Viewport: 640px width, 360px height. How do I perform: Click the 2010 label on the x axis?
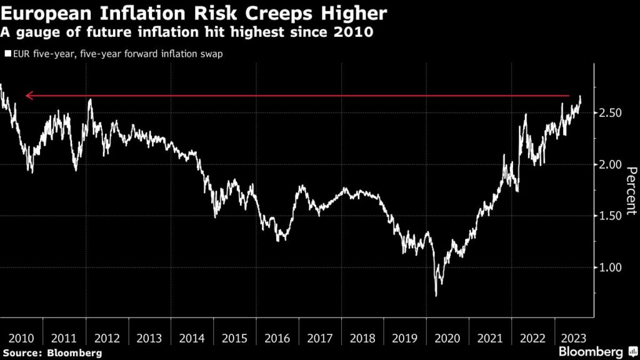tap(21, 338)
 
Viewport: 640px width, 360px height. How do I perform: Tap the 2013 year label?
tap(150, 338)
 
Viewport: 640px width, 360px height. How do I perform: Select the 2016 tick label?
tap(277, 338)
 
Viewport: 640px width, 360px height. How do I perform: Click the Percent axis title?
tap(630, 191)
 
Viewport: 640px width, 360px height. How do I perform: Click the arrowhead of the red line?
tap(27, 96)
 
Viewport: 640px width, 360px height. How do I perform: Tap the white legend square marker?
tap(7, 54)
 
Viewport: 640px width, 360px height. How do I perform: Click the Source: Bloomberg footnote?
tap(52, 353)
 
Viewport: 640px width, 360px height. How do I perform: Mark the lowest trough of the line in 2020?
tap(436, 295)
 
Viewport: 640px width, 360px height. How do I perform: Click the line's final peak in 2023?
tap(580, 97)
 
